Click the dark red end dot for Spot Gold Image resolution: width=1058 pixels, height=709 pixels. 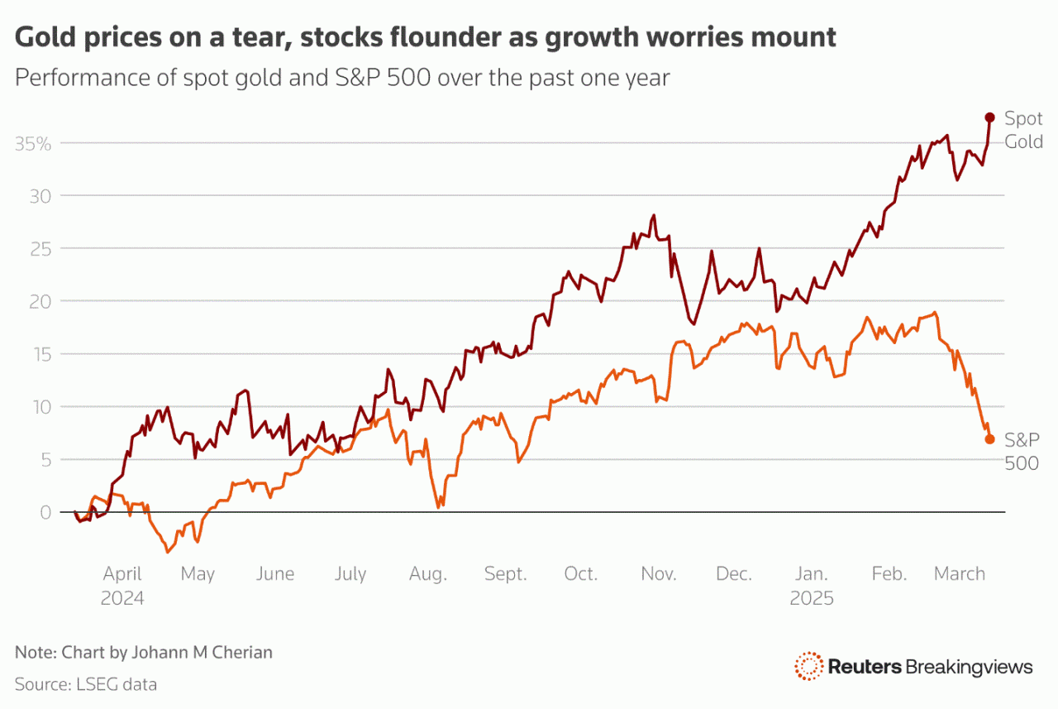tap(989, 117)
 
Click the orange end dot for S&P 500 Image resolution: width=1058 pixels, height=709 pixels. tap(989, 439)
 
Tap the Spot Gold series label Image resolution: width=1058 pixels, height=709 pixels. tap(1023, 130)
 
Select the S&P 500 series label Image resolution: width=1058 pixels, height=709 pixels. tap(1022, 451)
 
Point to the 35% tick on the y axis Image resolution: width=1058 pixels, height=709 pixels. tap(33, 143)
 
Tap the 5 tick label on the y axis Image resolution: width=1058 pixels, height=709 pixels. tap(46, 459)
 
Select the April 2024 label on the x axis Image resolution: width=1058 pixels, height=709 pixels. tap(122, 585)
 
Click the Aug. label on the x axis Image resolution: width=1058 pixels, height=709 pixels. tap(428, 574)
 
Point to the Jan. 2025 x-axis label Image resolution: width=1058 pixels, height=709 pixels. tap(811, 585)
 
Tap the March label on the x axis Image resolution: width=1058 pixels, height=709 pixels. tap(959, 574)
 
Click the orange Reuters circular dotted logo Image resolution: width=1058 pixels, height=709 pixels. tap(808, 666)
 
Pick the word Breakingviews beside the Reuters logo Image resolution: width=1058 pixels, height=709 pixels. tap(969, 667)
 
